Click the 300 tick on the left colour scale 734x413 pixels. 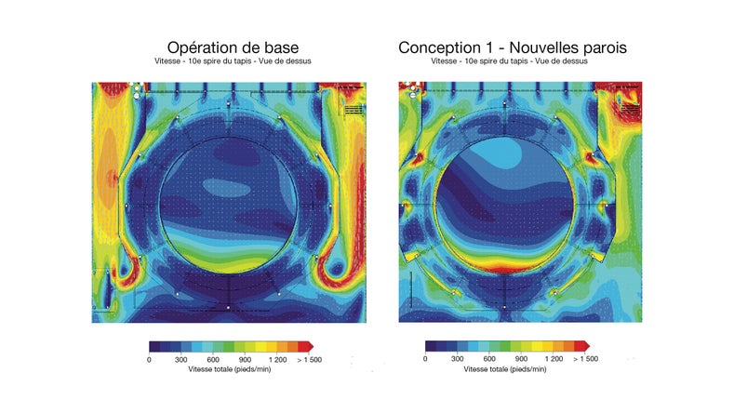tap(180, 358)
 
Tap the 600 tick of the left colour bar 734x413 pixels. tap(212, 358)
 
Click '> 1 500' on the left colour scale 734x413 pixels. tap(309, 358)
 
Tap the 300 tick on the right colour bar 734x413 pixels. tap(457, 358)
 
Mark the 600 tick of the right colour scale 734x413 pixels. tap(488, 358)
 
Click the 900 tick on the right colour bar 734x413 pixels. tap(520, 358)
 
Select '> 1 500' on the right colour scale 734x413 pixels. tap(585, 358)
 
